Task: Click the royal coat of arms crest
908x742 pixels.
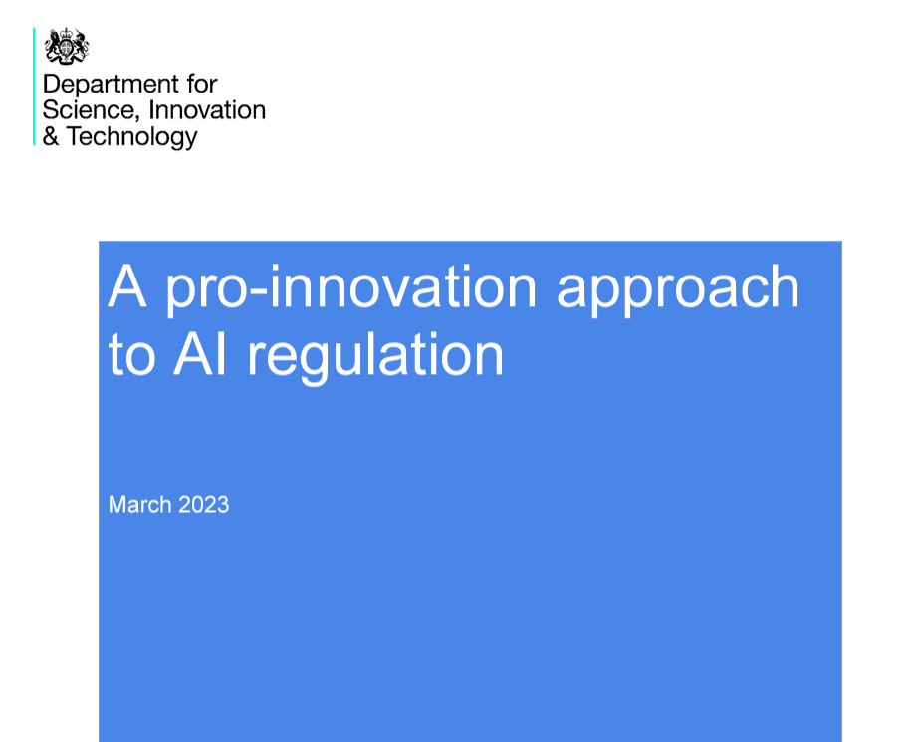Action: click(67, 46)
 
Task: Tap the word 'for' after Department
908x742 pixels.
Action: click(201, 84)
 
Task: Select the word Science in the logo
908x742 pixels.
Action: click(91, 110)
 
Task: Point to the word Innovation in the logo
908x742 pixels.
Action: click(207, 109)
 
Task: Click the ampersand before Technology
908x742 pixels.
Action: click(51, 136)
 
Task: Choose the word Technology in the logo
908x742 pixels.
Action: click(132, 137)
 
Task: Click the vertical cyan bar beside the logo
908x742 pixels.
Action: click(34, 87)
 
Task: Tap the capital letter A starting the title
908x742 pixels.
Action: click(126, 286)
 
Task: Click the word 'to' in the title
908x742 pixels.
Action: click(132, 354)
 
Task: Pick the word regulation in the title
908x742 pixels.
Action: click(375, 356)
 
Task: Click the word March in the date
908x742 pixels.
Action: click(140, 505)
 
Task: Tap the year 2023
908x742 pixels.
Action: click(204, 505)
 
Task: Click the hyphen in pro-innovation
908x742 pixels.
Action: click(260, 291)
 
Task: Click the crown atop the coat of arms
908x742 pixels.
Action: click(67, 33)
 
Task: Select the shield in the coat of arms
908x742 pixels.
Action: click(67, 48)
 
